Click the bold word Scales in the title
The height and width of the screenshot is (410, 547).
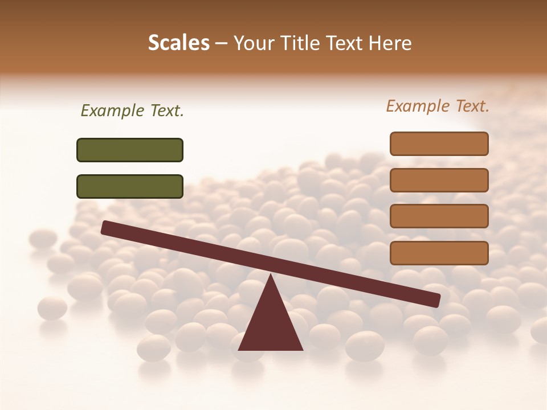click(x=178, y=43)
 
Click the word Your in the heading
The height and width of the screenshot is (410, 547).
click(x=253, y=43)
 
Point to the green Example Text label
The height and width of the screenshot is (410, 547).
click(x=132, y=111)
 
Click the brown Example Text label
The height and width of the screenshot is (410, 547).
click(x=438, y=106)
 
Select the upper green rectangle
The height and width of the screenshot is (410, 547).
click(x=130, y=150)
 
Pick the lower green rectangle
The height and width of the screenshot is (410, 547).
click(x=130, y=186)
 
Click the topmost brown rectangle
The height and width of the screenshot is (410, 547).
click(x=439, y=143)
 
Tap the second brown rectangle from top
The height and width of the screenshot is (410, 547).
click(x=439, y=180)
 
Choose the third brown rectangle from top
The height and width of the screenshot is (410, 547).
click(x=439, y=216)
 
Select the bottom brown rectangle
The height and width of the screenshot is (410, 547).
click(x=439, y=253)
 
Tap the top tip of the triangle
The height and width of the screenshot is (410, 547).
click(x=270, y=276)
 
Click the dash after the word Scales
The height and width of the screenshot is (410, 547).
click(x=221, y=43)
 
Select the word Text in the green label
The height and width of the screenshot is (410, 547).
click(x=165, y=111)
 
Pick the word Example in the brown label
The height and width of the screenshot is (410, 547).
click(x=418, y=106)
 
